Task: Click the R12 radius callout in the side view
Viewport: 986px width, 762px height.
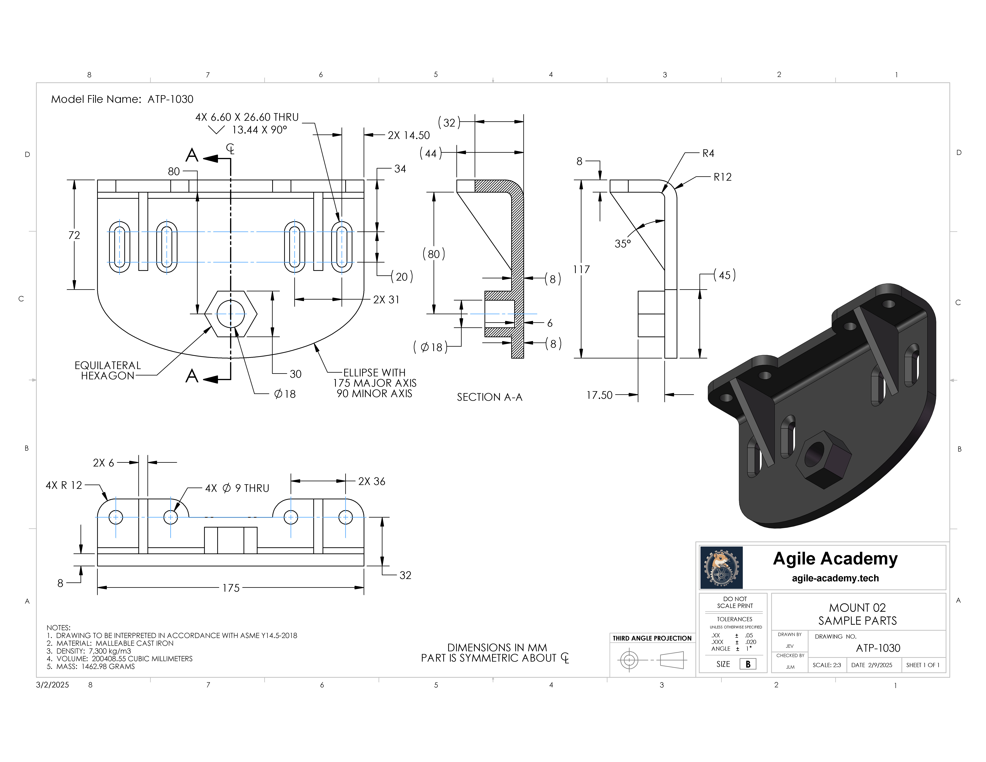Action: [722, 177]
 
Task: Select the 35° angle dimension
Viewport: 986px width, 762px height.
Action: [623, 244]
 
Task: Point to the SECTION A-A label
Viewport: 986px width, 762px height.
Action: [489, 397]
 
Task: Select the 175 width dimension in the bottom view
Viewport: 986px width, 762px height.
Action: [231, 588]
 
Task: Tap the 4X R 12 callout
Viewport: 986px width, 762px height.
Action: [64, 485]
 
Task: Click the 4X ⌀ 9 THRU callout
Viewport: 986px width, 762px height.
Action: [237, 488]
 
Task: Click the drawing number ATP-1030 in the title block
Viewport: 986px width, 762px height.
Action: [878, 648]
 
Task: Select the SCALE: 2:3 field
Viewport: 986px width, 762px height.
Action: [827, 665]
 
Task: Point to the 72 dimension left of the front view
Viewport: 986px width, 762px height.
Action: [74, 235]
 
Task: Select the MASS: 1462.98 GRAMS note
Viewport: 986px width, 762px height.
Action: [91, 666]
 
